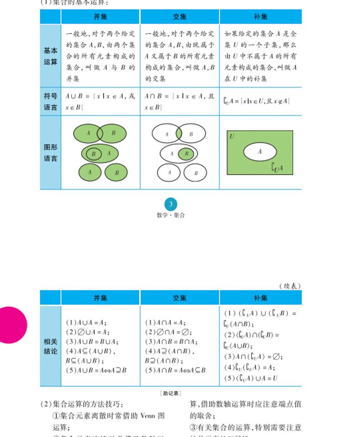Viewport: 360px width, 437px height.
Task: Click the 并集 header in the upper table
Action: (x=100, y=17)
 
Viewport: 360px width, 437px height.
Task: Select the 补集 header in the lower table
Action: (x=260, y=298)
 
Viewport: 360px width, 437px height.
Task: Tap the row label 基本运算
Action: (x=51, y=56)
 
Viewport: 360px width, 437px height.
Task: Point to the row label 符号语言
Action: (x=51, y=102)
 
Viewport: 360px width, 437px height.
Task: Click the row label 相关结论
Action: (x=51, y=346)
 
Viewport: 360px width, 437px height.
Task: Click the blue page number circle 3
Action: (x=170, y=204)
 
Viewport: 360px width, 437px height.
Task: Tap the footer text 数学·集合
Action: (x=170, y=215)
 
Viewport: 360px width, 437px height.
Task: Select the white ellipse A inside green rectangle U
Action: (x=260, y=152)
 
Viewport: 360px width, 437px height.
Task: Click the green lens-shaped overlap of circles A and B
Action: (x=179, y=133)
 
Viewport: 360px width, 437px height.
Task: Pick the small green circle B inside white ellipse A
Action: (x=186, y=154)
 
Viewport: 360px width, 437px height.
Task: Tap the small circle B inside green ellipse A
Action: (x=94, y=154)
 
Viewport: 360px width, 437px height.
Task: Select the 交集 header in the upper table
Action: (x=180, y=17)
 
